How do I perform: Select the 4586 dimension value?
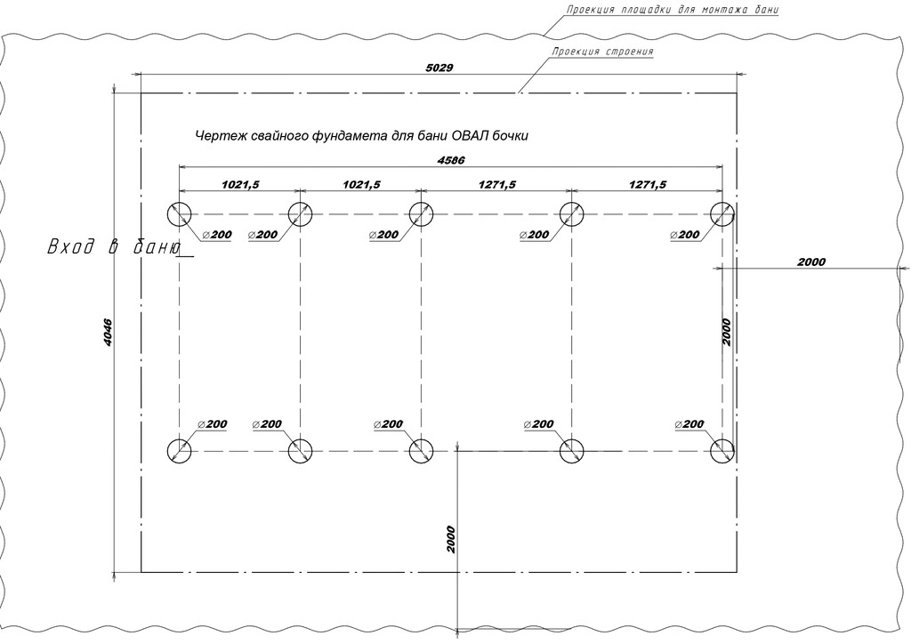(452, 159)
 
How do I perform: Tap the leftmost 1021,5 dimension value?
(239, 184)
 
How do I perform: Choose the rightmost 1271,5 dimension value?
(647, 184)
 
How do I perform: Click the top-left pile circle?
(180, 214)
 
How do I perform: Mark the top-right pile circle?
(722, 214)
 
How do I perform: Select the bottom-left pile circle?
(180, 451)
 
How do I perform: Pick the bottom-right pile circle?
(722, 451)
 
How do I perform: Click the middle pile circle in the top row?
(421, 214)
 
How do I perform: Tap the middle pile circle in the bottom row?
(421, 451)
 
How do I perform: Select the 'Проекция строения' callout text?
(602, 52)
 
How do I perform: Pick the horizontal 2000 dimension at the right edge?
(810, 262)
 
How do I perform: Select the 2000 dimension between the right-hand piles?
(726, 332)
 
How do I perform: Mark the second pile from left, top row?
(300, 214)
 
